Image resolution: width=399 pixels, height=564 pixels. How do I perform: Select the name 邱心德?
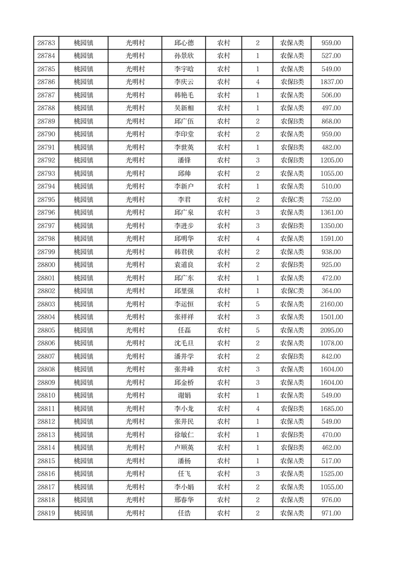click(183, 43)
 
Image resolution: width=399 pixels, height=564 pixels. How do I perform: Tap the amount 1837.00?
click(331, 82)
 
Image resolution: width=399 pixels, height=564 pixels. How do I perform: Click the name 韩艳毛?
click(183, 96)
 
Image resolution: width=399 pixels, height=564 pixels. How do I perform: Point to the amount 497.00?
click(331, 109)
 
